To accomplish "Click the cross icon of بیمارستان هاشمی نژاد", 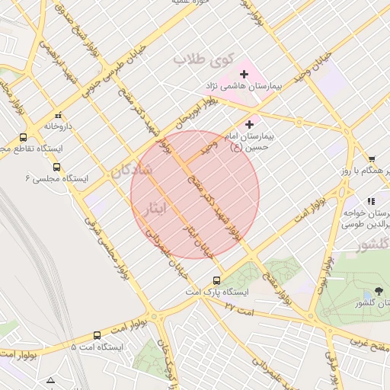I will (244, 74).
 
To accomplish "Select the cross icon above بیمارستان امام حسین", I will (251, 123).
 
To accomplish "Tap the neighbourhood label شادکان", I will (132, 171).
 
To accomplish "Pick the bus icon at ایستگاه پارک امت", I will (217, 280).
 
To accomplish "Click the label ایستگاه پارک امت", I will (217, 292).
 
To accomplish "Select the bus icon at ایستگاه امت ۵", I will (97, 335).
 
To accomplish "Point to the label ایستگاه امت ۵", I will (97, 347).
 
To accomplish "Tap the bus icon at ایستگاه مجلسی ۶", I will (56, 167).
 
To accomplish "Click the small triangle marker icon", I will (50, 379).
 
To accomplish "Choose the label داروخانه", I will (58, 126).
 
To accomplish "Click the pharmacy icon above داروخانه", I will (59, 115).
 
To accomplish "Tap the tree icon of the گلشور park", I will (379, 292).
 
